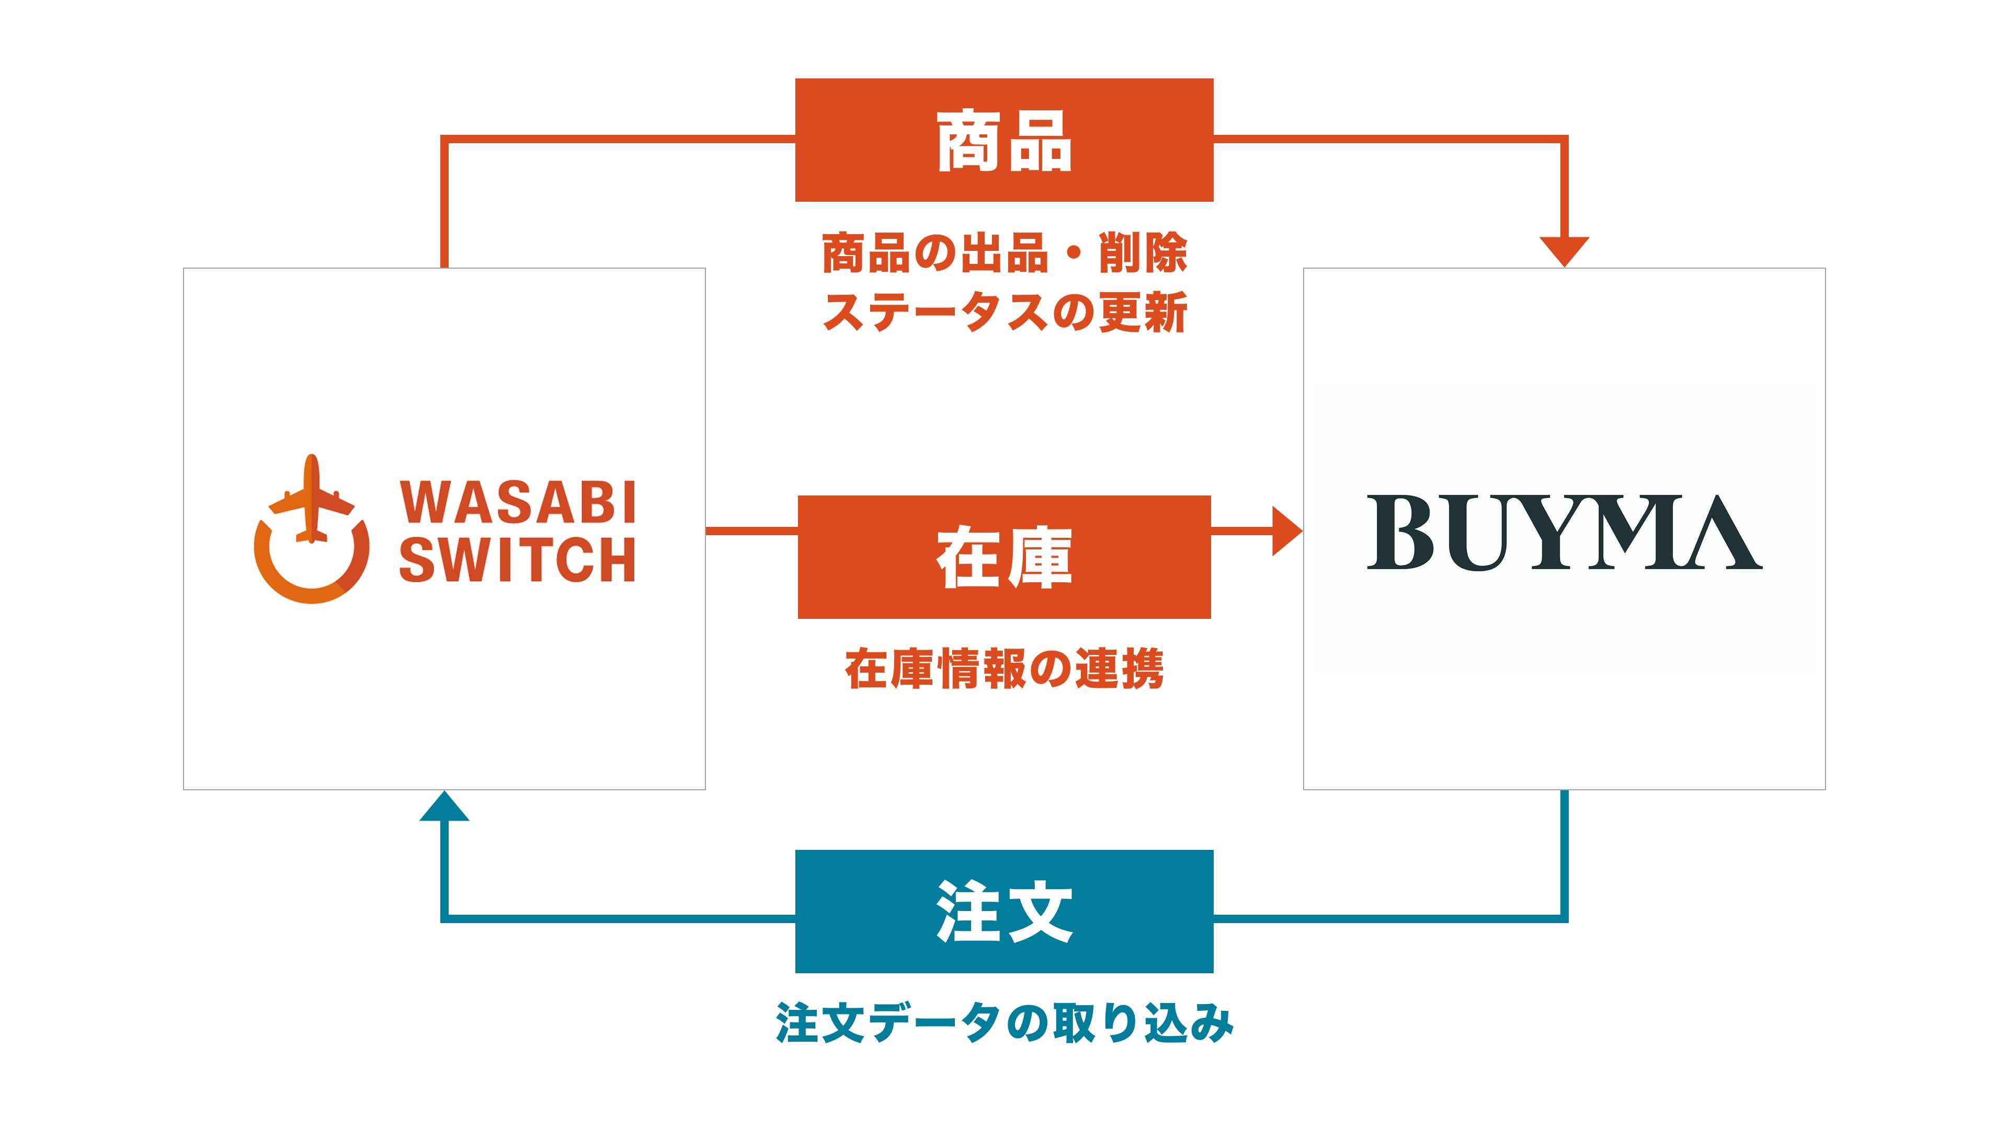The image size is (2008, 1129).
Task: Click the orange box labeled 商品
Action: click(1003, 140)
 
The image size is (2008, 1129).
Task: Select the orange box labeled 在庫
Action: click(1003, 557)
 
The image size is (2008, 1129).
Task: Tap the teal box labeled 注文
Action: click(1003, 911)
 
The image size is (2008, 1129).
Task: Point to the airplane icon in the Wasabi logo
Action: click(311, 499)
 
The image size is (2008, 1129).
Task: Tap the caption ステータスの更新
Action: click(1004, 313)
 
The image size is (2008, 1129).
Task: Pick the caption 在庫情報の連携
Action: click(1004, 669)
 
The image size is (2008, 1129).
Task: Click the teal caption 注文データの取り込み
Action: click(1004, 1023)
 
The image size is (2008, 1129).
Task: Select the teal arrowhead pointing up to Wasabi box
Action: click(444, 807)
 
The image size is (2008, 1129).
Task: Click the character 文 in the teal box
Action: click(1039, 912)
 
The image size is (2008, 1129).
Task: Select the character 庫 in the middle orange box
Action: click(1039, 558)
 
